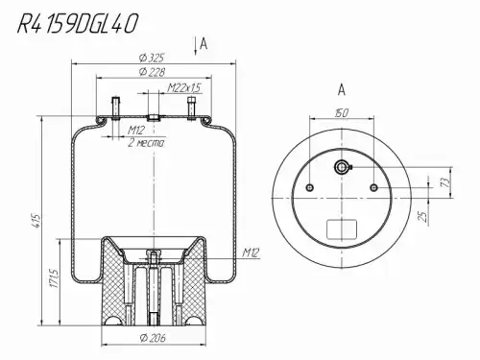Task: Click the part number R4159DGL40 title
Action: tap(78, 24)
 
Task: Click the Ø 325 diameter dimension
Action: tap(152, 58)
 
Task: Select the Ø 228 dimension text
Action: tap(152, 72)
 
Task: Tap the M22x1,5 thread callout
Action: tap(184, 87)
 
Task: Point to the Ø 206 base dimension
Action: tap(153, 338)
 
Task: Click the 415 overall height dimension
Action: tap(37, 221)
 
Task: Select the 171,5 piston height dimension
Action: tap(55, 278)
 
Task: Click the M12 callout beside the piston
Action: tap(251, 252)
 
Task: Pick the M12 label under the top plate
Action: tap(136, 130)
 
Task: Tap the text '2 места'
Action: tap(146, 142)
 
